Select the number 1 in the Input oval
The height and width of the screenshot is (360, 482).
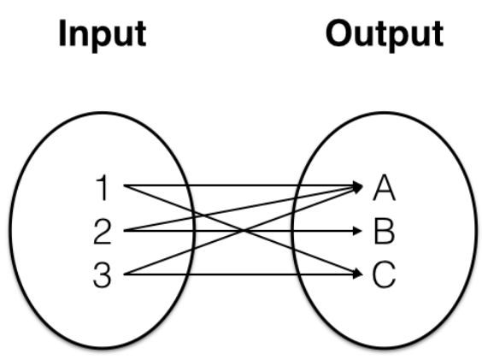click(x=103, y=186)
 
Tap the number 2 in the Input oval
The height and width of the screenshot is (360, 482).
click(x=103, y=229)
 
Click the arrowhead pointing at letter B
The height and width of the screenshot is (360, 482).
click(x=357, y=229)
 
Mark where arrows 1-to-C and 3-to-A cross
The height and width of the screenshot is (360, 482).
click(x=243, y=229)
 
